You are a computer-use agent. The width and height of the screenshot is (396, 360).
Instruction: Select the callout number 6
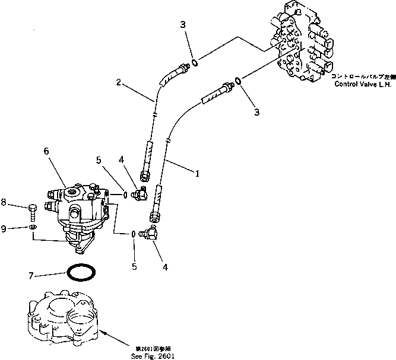(47, 151)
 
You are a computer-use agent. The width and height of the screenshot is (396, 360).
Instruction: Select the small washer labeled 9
(31, 227)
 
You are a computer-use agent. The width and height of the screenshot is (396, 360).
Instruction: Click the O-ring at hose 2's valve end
(195, 63)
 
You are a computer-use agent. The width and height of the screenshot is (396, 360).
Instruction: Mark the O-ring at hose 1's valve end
(237, 80)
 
